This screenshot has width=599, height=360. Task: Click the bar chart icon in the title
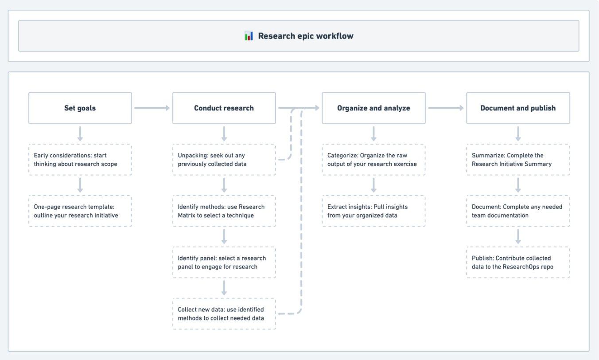pyautogui.click(x=249, y=36)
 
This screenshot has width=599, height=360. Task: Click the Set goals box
pyautogui.click(x=80, y=108)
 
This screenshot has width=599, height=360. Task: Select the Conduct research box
pyautogui.click(x=224, y=108)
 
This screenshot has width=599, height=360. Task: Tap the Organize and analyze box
pyautogui.click(x=373, y=108)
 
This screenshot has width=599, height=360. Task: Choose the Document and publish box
pyautogui.click(x=518, y=108)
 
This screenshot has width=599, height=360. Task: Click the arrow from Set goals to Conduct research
pyautogui.click(x=152, y=108)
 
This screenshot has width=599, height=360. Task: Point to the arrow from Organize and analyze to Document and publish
pyautogui.click(x=446, y=108)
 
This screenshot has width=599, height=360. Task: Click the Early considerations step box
pyautogui.click(x=80, y=160)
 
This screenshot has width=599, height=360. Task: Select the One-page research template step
pyautogui.click(x=80, y=211)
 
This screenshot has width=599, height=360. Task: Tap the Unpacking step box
pyautogui.click(x=224, y=160)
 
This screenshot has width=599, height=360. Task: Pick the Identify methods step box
pyautogui.click(x=224, y=211)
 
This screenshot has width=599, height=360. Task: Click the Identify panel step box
pyautogui.click(x=224, y=262)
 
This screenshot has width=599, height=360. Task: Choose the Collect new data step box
pyautogui.click(x=224, y=314)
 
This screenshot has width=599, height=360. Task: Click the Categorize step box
pyautogui.click(x=373, y=160)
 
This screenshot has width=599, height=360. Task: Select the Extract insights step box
pyautogui.click(x=373, y=211)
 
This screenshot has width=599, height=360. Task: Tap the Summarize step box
pyautogui.click(x=518, y=160)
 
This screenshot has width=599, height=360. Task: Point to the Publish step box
pyautogui.click(x=518, y=262)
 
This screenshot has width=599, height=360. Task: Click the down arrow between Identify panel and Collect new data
pyautogui.click(x=224, y=288)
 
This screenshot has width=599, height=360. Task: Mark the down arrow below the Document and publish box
pyautogui.click(x=518, y=134)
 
